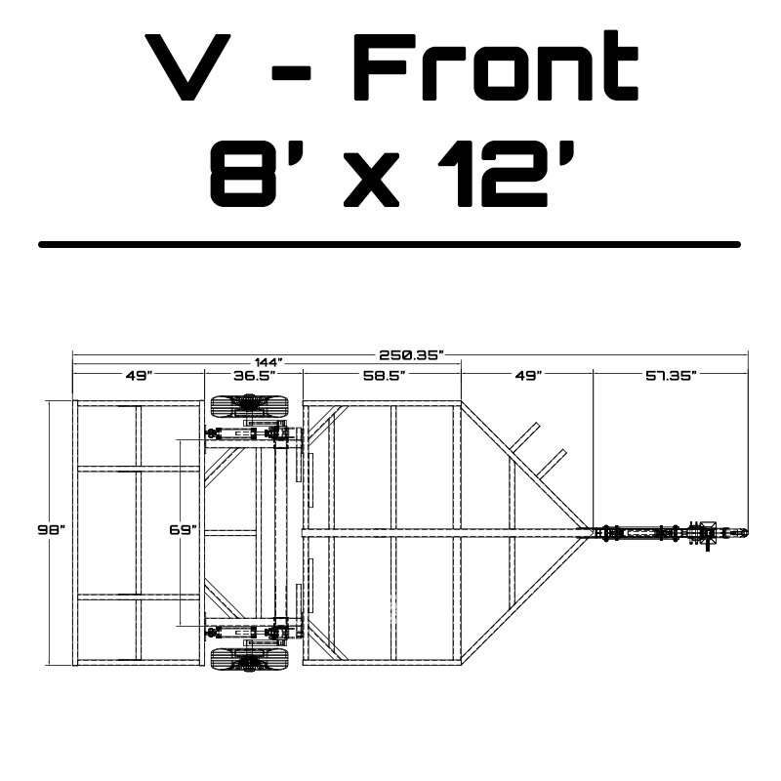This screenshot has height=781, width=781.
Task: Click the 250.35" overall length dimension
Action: [411, 354]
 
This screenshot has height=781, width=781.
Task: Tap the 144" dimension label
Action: [268, 362]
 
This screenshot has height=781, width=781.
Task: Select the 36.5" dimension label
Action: [254, 375]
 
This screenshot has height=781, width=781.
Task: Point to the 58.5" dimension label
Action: [383, 375]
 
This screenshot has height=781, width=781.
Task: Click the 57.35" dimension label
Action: [671, 375]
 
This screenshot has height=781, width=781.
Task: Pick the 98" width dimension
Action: [52, 529]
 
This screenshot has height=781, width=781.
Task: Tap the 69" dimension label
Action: [183, 529]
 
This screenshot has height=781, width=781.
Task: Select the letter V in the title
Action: [187, 67]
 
